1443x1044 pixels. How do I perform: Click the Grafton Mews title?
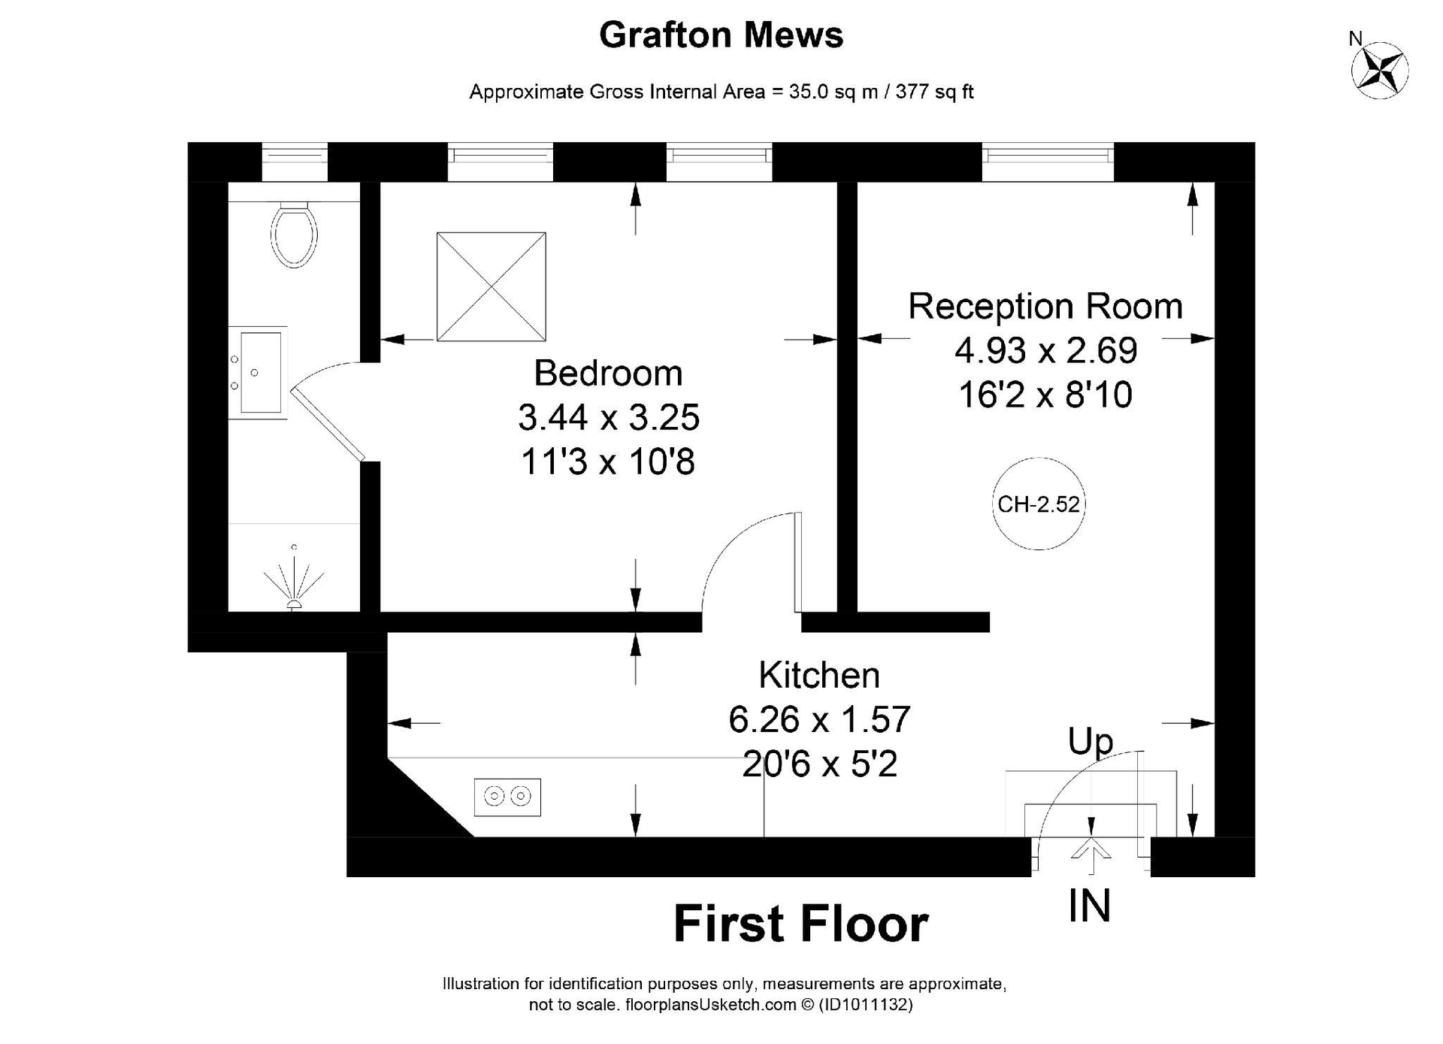coord(721,35)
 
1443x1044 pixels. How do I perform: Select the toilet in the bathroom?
coord(294,234)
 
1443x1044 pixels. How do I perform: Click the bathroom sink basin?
coord(258,373)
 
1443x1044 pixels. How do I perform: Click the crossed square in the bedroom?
coord(492,286)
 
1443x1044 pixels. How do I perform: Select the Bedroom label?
coord(608,374)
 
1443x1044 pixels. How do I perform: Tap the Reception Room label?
coord(1045,307)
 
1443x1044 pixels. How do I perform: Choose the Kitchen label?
coord(819,675)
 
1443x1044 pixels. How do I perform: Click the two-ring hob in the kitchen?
coord(507,797)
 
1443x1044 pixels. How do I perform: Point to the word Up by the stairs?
coord(1091,742)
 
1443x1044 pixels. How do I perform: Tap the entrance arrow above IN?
coord(1091,846)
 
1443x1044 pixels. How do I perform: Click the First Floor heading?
coord(801,924)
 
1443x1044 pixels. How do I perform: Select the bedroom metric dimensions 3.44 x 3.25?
coord(609,418)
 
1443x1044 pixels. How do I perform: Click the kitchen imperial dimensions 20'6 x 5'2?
coord(820,764)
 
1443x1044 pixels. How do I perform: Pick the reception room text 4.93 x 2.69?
coord(1046,350)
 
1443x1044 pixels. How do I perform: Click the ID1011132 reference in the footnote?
coord(865,1005)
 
